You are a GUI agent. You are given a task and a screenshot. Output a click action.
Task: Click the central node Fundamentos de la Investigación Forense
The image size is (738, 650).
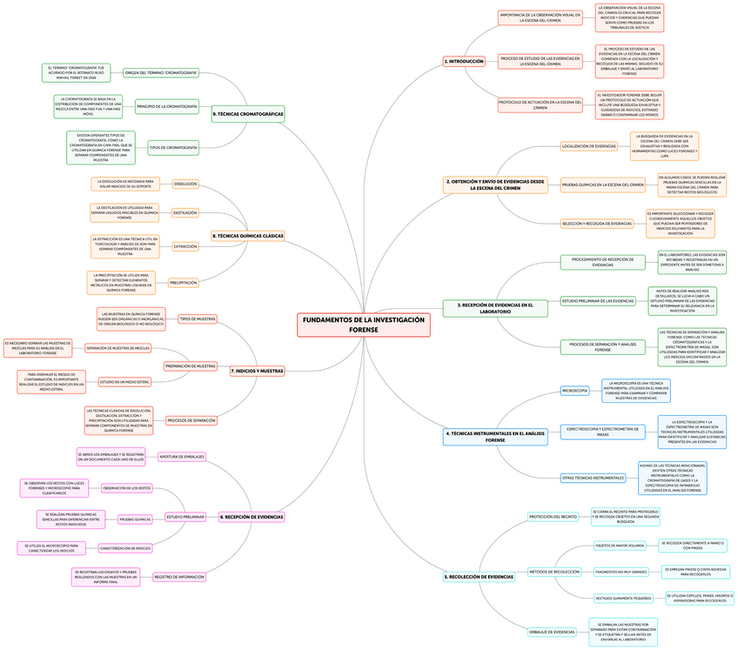[x=364, y=325]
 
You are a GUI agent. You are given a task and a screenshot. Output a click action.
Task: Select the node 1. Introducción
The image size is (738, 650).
[x=465, y=62]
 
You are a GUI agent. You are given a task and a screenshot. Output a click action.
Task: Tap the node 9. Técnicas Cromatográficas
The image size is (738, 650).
[x=248, y=114]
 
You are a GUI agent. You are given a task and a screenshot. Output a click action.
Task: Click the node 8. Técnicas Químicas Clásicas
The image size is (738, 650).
[x=248, y=236]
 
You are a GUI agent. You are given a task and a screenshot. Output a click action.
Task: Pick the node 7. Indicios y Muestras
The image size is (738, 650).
[x=258, y=371]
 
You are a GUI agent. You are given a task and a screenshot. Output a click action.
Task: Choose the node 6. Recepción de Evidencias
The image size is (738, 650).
[x=252, y=517]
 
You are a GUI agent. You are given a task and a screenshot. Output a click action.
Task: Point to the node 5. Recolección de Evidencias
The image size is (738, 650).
[x=479, y=577]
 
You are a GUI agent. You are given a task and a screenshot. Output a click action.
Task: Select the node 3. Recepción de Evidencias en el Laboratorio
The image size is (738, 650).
[x=494, y=307]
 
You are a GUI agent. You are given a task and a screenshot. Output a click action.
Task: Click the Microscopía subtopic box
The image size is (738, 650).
[x=574, y=391]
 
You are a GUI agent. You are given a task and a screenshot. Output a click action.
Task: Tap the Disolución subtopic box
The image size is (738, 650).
[x=185, y=184]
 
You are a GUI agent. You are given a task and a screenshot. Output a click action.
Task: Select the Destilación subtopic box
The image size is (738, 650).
[x=184, y=213]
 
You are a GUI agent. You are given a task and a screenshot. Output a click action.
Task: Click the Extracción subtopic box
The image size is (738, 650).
[x=185, y=247]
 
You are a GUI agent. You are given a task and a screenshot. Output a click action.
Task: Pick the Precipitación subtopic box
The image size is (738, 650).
[x=184, y=283]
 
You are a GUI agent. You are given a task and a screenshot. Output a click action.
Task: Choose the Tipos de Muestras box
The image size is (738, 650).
[x=198, y=319]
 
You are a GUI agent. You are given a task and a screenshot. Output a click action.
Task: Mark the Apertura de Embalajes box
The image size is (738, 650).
[x=182, y=456]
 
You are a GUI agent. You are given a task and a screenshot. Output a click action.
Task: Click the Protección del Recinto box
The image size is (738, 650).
[x=553, y=517]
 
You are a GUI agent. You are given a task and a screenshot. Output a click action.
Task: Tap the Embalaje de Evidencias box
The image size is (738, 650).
[x=552, y=632]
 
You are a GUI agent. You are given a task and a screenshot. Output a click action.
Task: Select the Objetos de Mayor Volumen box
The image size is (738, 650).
[x=620, y=546]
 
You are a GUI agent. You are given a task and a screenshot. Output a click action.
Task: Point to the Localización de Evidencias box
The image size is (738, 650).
[x=589, y=146]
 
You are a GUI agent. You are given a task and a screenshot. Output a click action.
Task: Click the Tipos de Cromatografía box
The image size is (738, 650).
[x=173, y=148]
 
